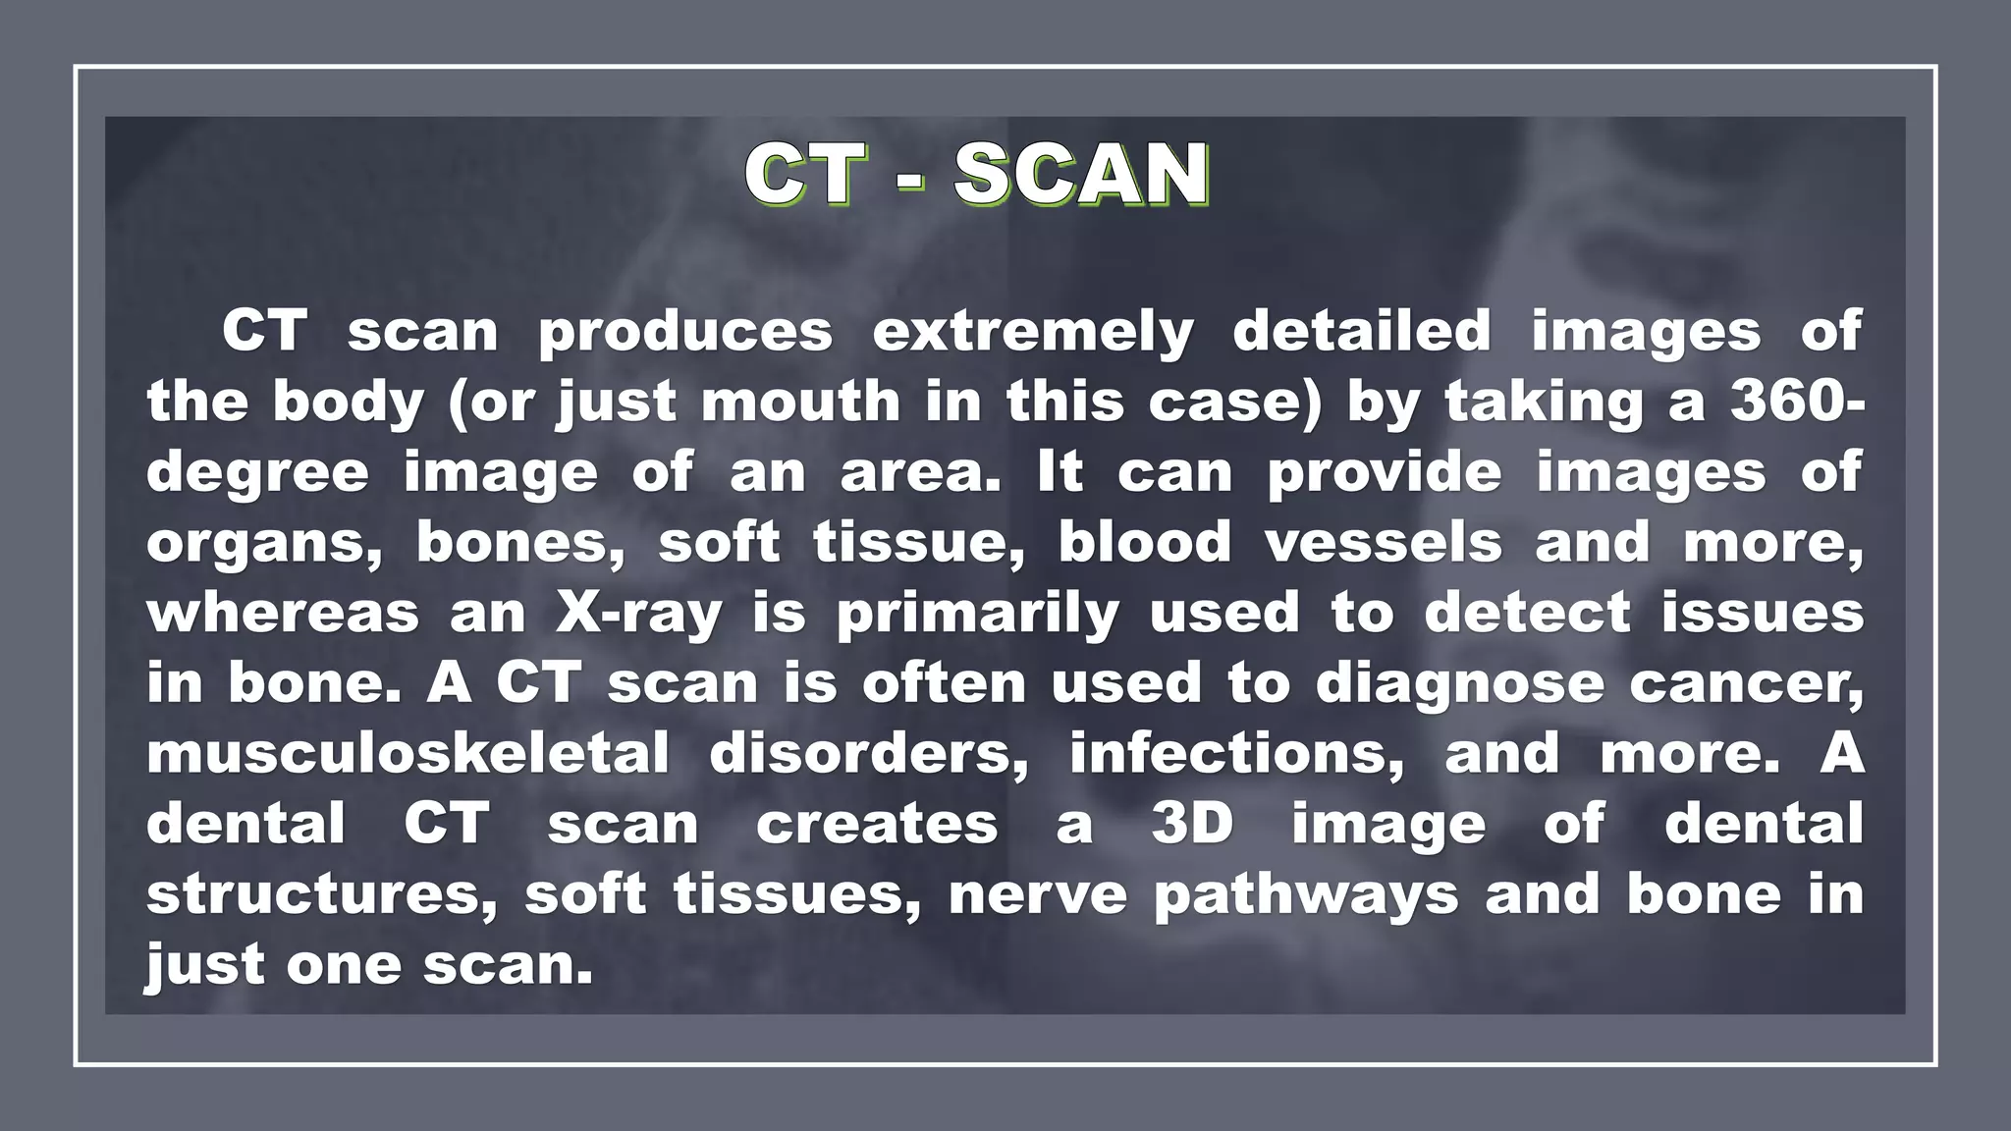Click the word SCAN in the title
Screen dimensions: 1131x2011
click(1081, 174)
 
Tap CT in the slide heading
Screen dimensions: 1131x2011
click(805, 174)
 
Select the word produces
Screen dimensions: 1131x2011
click(685, 333)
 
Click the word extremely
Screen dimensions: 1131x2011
click(1033, 333)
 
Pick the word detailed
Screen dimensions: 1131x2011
click(1362, 331)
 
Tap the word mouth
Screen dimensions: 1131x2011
click(800, 402)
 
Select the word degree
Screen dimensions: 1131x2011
click(258, 474)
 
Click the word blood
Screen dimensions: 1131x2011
click(1144, 543)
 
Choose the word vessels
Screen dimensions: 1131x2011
click(1383, 543)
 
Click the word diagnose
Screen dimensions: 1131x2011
click(1459, 685)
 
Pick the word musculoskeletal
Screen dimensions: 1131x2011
click(408, 754)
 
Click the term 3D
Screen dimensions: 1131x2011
click(1192, 824)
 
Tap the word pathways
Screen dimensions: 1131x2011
click(1306, 896)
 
